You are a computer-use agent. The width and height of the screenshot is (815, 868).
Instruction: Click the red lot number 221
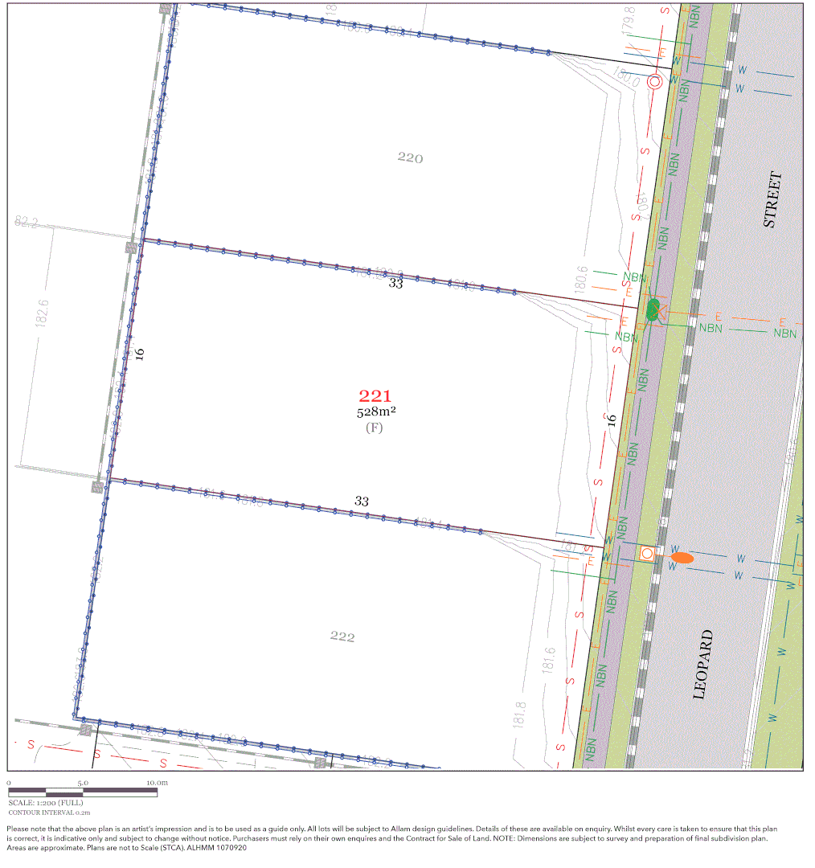point(375,395)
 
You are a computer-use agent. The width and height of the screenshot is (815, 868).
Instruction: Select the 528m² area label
point(376,411)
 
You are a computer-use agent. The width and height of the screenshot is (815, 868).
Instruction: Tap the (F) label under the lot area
point(375,428)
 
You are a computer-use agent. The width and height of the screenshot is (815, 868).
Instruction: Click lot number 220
point(410,158)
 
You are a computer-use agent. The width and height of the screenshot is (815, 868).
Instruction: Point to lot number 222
point(342,637)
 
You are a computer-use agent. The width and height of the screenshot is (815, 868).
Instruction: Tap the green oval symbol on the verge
point(653,309)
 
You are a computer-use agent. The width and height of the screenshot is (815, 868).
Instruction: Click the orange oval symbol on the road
point(682,558)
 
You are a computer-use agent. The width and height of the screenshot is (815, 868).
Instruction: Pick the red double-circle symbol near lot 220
point(655,81)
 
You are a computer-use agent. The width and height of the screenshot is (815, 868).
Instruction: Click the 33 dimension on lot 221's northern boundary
point(395,283)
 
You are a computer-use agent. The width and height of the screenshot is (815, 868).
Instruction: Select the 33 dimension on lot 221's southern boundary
point(362,502)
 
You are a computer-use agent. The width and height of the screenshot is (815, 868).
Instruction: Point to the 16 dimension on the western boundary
point(139,352)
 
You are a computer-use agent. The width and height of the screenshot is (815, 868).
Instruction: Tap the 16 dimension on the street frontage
point(612,420)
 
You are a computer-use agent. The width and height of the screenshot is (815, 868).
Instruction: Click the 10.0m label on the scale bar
point(157,782)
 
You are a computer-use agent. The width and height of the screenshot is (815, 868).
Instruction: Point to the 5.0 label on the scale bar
point(83,782)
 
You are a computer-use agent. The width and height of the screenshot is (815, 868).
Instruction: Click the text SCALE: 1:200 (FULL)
point(45,802)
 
